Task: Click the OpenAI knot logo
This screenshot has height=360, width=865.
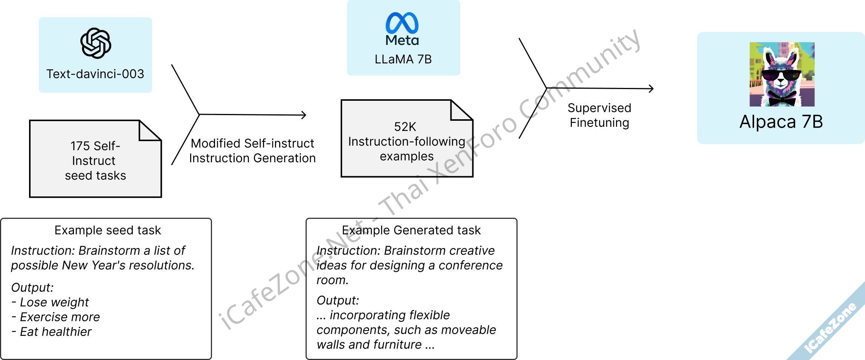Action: [95, 43]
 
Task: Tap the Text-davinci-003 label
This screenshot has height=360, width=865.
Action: [95, 74]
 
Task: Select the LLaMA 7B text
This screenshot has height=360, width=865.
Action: [403, 59]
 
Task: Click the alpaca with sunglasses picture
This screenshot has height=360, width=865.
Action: [782, 74]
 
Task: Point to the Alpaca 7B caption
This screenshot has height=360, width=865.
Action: [781, 122]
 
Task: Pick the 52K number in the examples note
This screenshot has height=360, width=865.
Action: [405, 127]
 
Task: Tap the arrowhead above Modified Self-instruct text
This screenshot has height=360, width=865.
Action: [304, 115]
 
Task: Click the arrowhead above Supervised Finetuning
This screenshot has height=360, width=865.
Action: [651, 89]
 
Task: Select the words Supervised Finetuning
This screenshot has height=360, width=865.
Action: [599, 115]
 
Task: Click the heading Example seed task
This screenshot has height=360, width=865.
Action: [108, 230]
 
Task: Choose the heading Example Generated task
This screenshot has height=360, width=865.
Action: [411, 230]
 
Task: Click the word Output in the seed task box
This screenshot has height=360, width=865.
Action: [32, 288]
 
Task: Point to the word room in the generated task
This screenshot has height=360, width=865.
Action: [332, 280]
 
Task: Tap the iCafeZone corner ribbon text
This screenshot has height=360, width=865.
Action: [830, 329]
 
